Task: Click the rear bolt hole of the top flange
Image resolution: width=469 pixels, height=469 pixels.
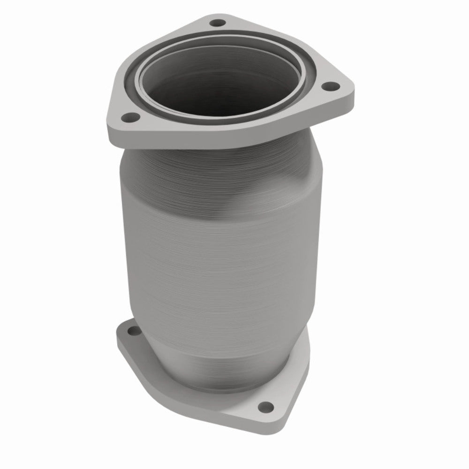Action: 216,23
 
